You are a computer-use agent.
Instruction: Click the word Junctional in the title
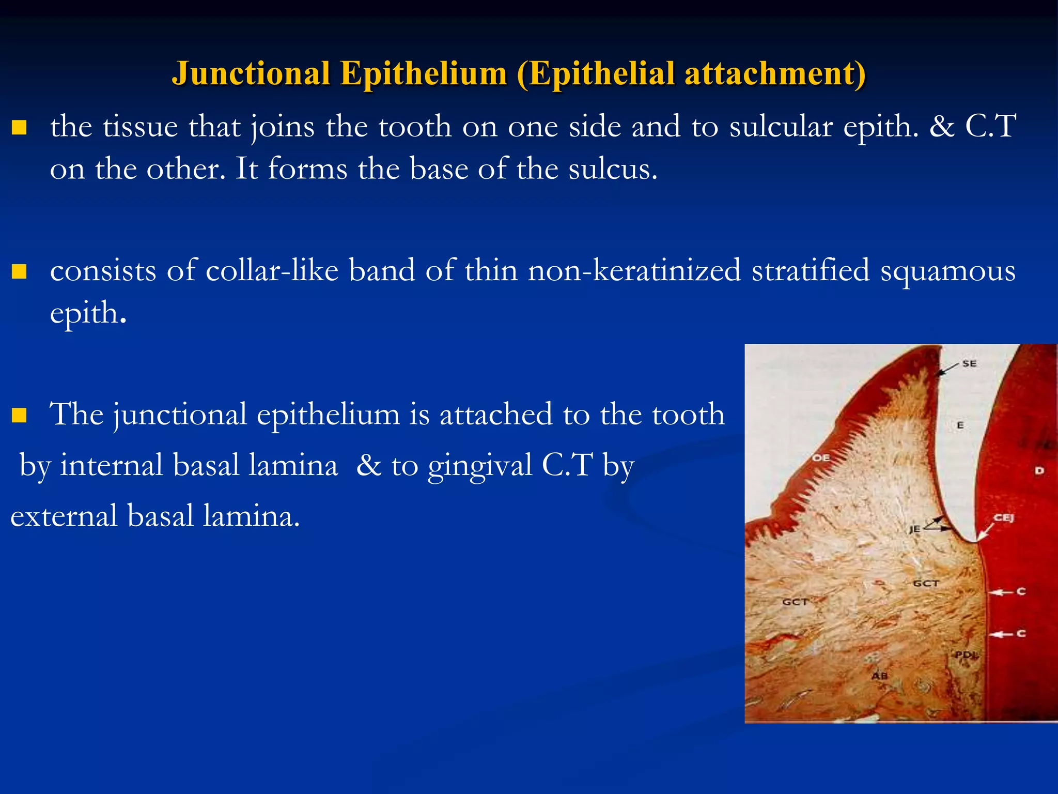[251, 73]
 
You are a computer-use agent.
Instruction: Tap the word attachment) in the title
[775, 73]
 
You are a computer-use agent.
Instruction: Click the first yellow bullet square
[19, 127]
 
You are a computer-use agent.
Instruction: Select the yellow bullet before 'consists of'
[19, 271]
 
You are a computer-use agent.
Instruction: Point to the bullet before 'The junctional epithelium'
[19, 415]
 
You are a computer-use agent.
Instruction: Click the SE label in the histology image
[969, 363]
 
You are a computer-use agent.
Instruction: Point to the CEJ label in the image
[1004, 517]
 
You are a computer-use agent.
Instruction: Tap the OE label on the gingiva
[820, 457]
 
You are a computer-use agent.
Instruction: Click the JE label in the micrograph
[914, 529]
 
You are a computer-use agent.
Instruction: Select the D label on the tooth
[1039, 470]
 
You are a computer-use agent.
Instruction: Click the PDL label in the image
[965, 654]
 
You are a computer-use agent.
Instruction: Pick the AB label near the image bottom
[879, 676]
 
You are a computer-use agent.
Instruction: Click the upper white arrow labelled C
[1002, 592]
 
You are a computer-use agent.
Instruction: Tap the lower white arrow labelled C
[1002, 634]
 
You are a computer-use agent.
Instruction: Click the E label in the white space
[960, 425]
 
